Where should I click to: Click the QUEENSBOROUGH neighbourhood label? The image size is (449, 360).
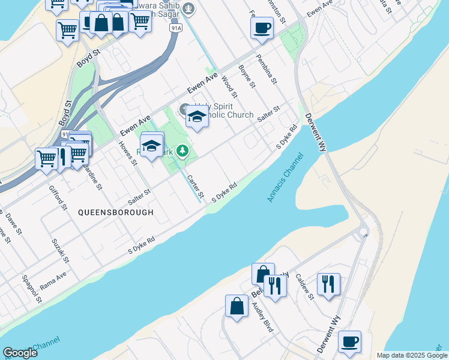[x=115, y=212]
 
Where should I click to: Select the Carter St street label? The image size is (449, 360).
[x=196, y=187]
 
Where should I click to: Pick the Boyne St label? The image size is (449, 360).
[x=247, y=77]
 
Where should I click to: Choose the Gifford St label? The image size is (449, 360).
[x=59, y=198]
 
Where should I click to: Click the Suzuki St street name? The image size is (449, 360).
[x=58, y=252]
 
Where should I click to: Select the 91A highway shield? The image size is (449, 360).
[x=175, y=28]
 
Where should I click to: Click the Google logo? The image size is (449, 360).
[x=20, y=353]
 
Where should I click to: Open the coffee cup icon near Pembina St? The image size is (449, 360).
[x=262, y=28]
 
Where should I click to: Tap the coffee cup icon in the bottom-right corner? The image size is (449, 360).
[x=349, y=342]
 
